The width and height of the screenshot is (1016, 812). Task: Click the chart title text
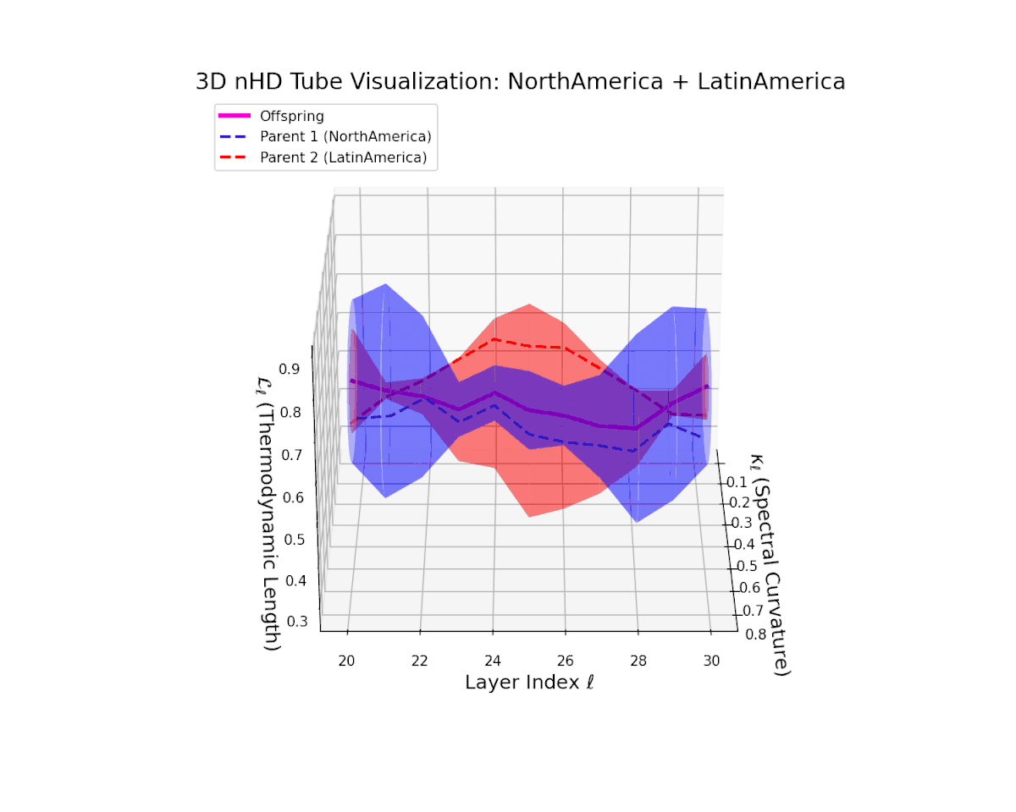tap(520, 82)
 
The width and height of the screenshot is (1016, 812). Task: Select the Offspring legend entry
tap(291, 116)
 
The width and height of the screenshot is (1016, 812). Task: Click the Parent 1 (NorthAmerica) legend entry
tap(346, 136)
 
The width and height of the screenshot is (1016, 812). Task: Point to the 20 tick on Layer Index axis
tap(347, 661)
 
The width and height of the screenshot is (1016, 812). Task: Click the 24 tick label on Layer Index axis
tap(493, 661)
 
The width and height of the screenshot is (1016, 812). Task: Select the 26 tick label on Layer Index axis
tap(566, 661)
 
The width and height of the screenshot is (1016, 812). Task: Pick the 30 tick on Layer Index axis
tap(711, 661)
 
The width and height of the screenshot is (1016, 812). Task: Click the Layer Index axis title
tap(529, 683)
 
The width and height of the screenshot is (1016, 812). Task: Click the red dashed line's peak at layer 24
tap(494, 338)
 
